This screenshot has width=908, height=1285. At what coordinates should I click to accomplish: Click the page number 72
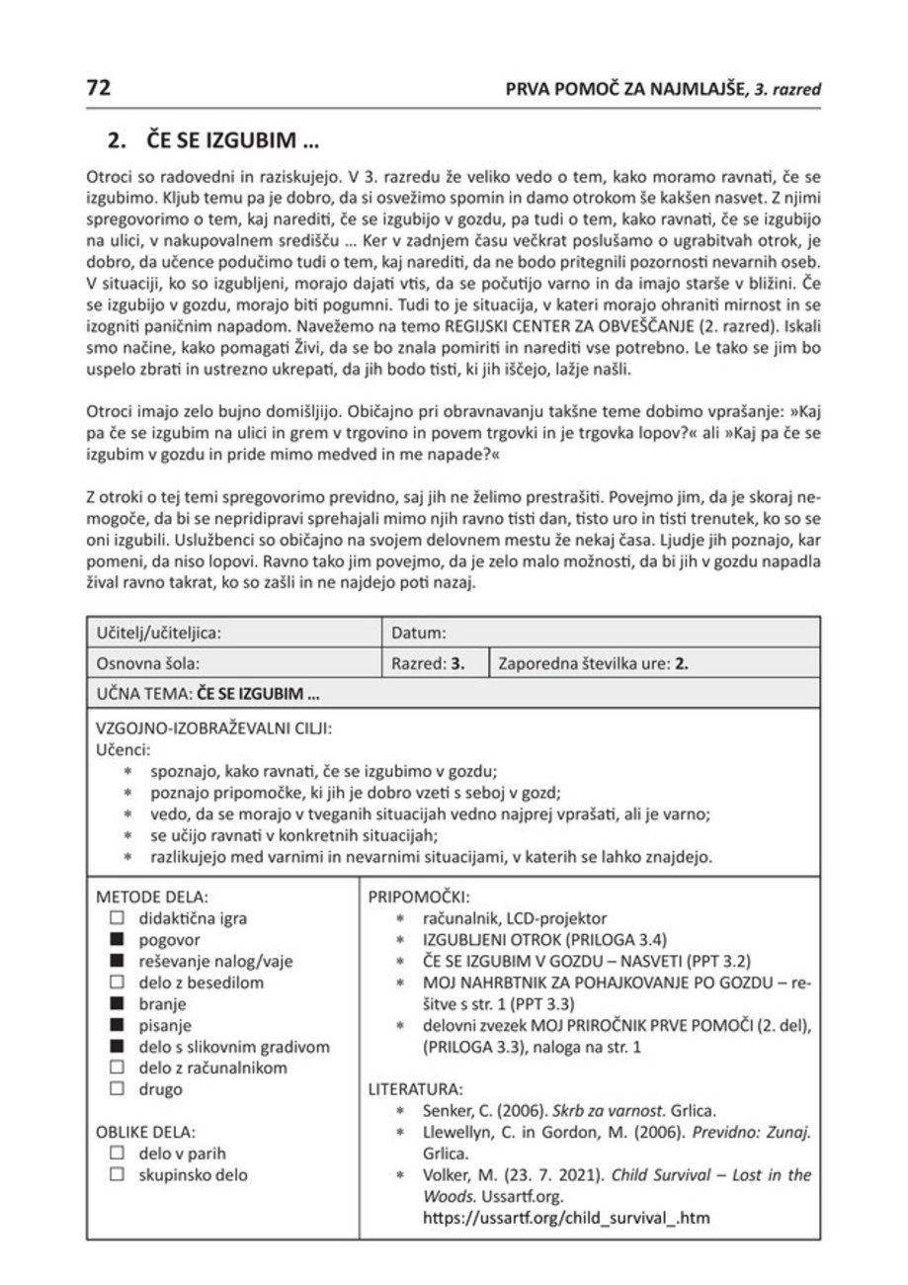click(x=99, y=88)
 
